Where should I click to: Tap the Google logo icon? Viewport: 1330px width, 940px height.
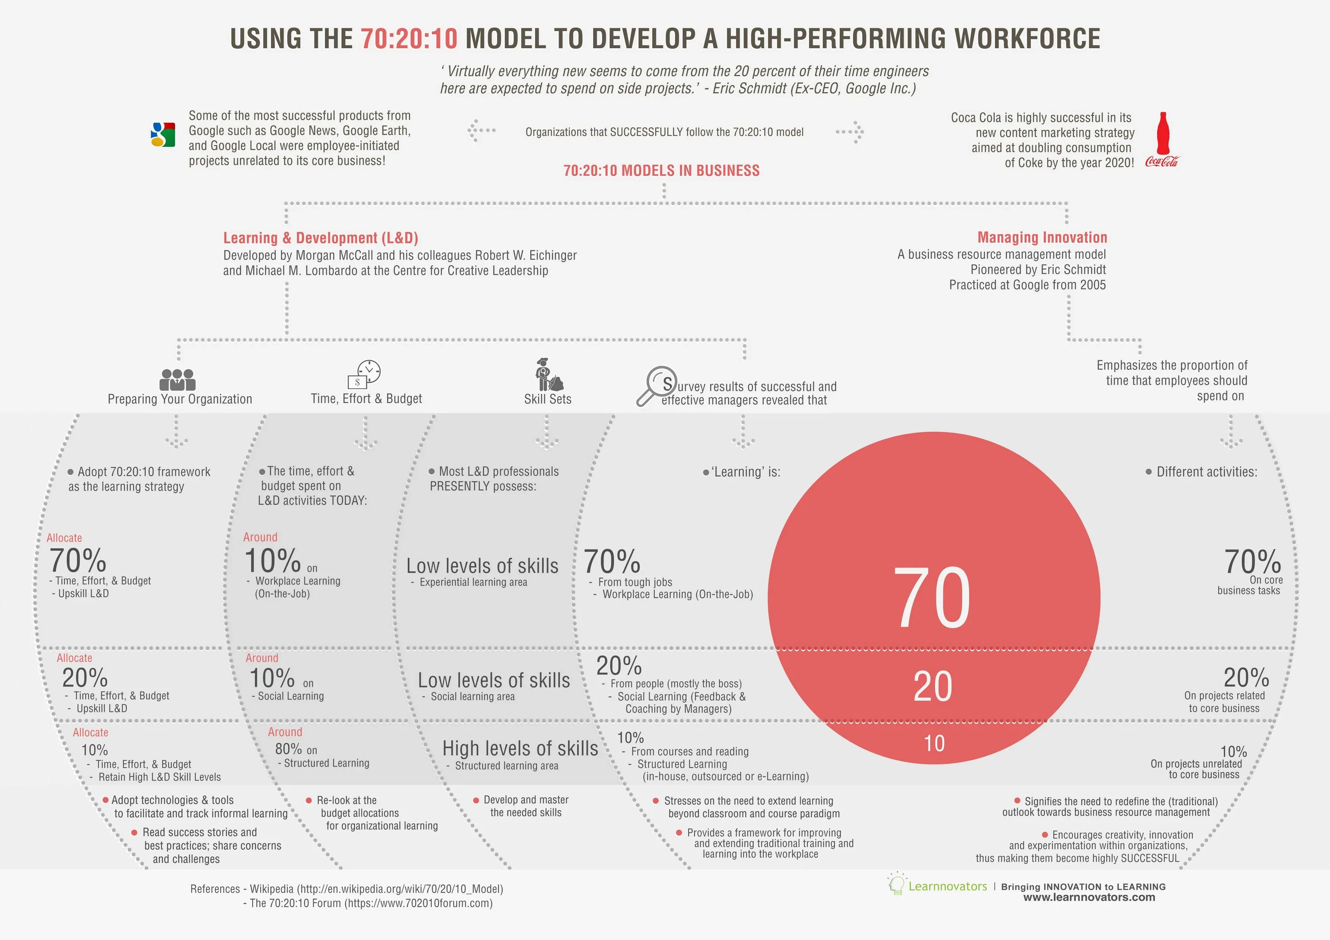163,134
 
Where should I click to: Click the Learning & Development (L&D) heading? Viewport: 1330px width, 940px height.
321,238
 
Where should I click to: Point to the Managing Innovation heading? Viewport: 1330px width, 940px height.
1042,238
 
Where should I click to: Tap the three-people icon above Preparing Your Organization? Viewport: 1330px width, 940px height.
177,379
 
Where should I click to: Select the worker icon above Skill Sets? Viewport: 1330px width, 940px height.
548,375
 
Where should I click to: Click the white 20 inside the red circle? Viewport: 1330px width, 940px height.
933,687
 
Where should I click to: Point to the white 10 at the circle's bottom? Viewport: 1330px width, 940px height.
934,743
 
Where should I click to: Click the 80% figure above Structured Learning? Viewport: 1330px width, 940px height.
289,749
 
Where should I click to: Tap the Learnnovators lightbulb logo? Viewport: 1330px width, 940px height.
896,885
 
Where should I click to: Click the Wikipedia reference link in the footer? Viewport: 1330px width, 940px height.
400,889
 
